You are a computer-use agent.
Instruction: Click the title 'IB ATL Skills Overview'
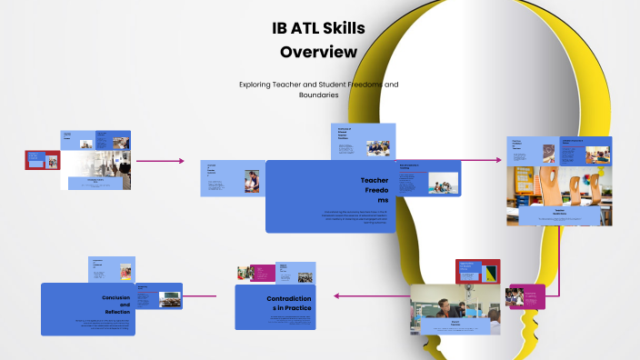pyautogui.click(x=318, y=40)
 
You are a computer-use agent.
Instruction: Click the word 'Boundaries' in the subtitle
pyautogui.click(x=318, y=95)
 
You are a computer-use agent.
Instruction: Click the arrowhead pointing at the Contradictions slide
pyautogui.click(x=335, y=295)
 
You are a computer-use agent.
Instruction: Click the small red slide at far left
pyautogui.click(x=42, y=160)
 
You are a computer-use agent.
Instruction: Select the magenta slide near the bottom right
pyautogui.click(x=526, y=296)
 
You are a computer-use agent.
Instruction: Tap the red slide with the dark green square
pyautogui.click(x=478, y=271)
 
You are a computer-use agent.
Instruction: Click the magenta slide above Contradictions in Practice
pyautogui.click(x=263, y=272)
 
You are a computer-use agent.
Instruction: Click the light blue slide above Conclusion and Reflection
pyautogui.click(x=113, y=269)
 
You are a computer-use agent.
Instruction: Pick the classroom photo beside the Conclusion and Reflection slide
pyautogui.click(x=169, y=298)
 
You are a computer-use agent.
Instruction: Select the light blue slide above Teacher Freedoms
pyautogui.click(x=363, y=142)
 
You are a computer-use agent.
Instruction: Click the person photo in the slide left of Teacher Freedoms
pyautogui.click(x=252, y=181)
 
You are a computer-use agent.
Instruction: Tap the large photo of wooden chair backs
pyautogui.click(x=558, y=185)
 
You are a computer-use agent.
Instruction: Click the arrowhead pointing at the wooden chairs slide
pyautogui.click(x=499, y=161)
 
